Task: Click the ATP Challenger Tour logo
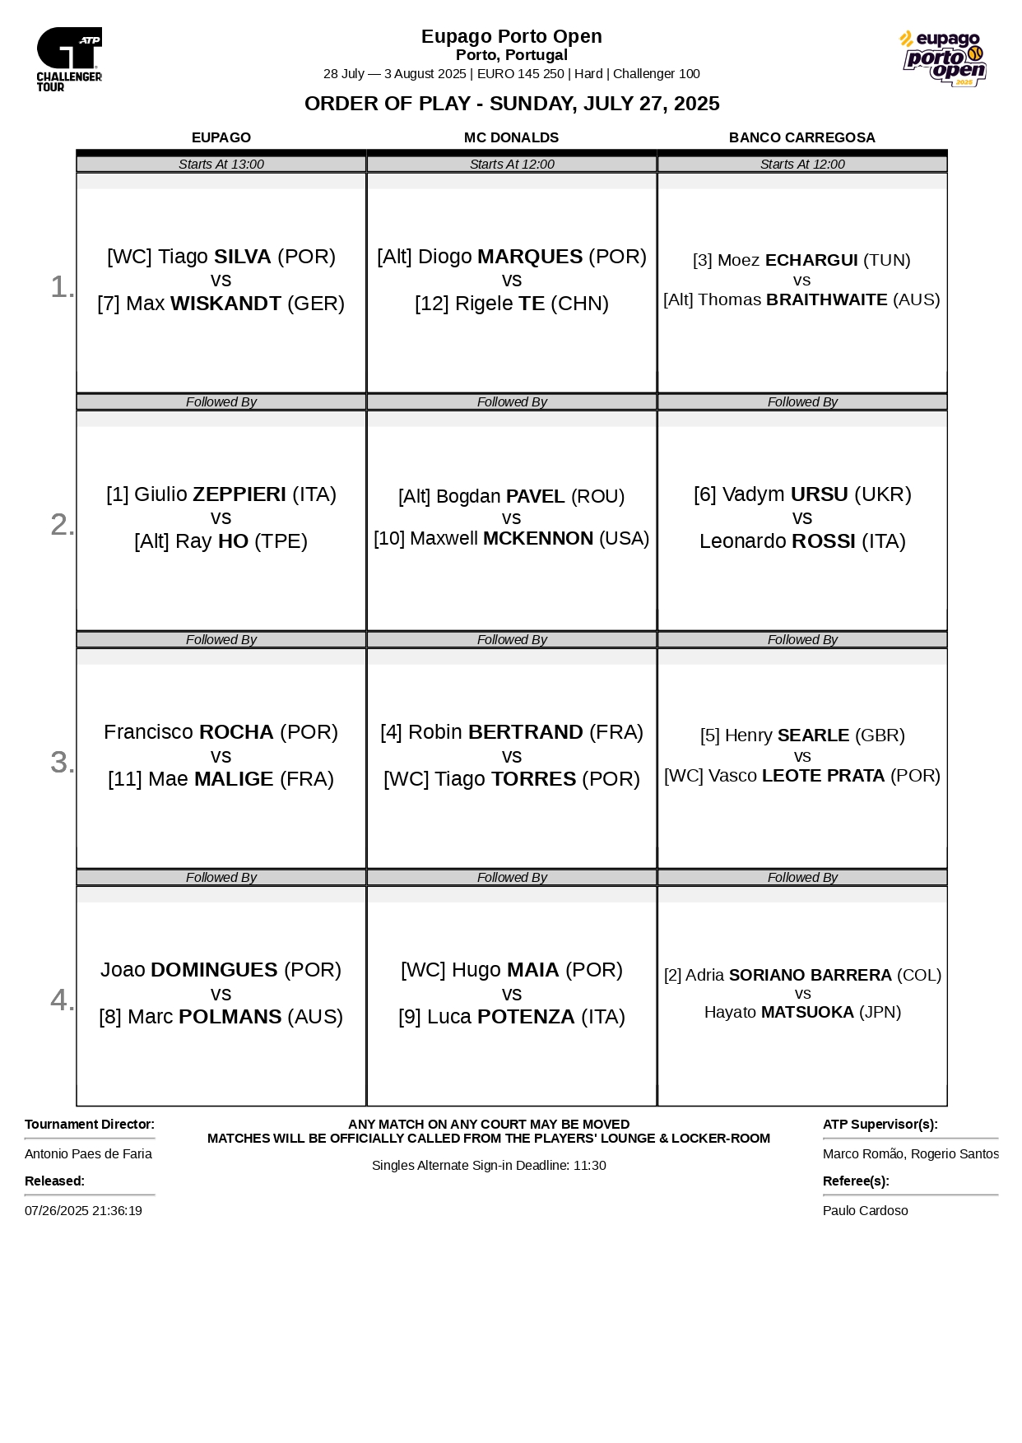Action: point(69,59)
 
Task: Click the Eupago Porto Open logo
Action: point(943,58)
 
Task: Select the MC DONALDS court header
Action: point(511,137)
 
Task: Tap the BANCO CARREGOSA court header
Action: point(801,137)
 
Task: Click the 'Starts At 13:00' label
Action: point(221,165)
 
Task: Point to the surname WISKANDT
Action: point(225,304)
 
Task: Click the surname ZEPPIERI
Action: point(239,494)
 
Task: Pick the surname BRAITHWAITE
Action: point(826,300)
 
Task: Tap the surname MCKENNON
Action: point(538,539)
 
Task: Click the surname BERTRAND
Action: point(525,732)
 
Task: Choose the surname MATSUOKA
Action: point(807,1013)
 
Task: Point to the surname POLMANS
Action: point(230,1017)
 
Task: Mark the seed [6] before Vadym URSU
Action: point(705,494)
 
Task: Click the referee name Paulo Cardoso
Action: point(865,1211)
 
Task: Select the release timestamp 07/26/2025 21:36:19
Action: point(83,1211)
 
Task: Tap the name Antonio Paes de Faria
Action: point(88,1154)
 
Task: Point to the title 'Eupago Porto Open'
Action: point(511,36)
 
